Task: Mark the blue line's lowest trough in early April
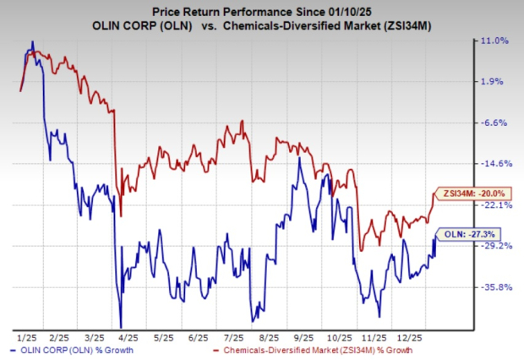coord(121,327)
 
